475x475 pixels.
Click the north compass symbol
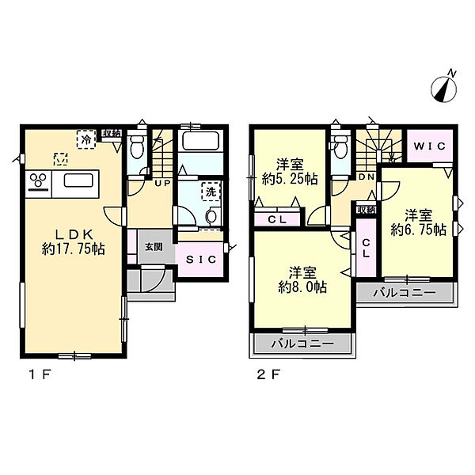pos(444,88)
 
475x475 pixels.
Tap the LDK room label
pos(74,234)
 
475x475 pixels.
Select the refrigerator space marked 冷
pos(86,139)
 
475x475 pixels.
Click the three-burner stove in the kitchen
pos(39,181)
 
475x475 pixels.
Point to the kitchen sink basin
pos(78,180)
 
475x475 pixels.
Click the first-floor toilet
pos(137,146)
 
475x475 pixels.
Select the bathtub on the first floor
pos(201,141)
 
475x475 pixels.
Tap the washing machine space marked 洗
pos(211,192)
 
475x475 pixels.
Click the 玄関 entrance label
pos(154,247)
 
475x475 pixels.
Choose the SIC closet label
pos(201,260)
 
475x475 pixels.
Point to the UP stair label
pos(163,183)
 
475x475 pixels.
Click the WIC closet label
pos(430,146)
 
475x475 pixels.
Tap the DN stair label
pos(367,177)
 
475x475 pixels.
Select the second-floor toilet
pos(340,146)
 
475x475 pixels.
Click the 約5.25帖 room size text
pos(290,180)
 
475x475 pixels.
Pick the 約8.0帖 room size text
pos(302,287)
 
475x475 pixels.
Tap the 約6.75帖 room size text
pos(418,230)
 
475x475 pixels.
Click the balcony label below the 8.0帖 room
pos(302,344)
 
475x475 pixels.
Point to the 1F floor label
pos(40,375)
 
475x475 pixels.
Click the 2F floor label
pos(268,375)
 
